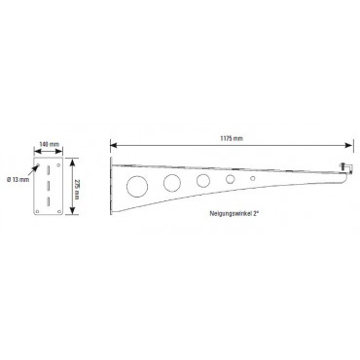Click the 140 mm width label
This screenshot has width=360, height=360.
(x=49, y=144)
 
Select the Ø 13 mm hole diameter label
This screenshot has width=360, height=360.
(x=18, y=179)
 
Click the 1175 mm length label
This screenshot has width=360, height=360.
(x=232, y=138)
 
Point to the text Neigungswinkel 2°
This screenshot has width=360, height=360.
(x=235, y=213)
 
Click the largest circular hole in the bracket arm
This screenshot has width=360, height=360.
(x=137, y=187)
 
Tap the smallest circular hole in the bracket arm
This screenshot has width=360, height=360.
(x=253, y=178)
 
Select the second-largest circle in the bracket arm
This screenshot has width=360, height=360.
(x=172, y=183)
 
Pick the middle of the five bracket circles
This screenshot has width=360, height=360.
(x=203, y=180)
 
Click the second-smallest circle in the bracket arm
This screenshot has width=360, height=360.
(x=230, y=179)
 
